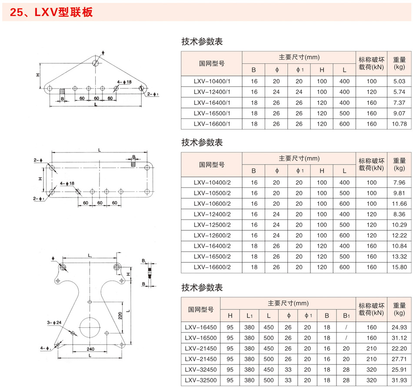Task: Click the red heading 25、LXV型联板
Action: [51, 12]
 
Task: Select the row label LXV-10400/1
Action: [212, 82]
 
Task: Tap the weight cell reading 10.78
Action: [399, 124]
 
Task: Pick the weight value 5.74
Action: [399, 92]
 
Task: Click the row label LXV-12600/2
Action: [212, 236]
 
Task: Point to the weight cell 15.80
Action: [399, 267]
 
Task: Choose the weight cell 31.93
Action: [399, 380]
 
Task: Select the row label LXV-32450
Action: [201, 370]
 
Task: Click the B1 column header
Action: [346, 316]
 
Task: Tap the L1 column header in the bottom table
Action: [249, 316]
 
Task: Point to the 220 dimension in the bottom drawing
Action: [120, 316]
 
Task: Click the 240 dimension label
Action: [90, 349]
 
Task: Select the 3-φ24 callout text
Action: [54, 322]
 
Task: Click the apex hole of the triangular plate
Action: [95, 63]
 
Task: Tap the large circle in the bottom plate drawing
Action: [90, 328]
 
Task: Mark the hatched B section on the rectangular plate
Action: [133, 164]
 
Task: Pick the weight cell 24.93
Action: [399, 328]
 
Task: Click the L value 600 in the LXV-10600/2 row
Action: [344, 204]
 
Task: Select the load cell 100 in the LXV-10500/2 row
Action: [371, 193]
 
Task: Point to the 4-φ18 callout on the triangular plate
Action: [124, 82]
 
